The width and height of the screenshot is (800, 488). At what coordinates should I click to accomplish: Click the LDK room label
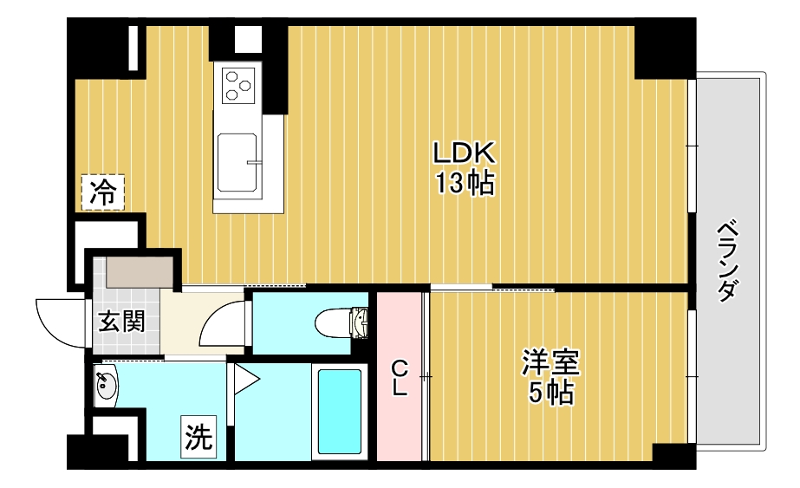pyautogui.click(x=464, y=153)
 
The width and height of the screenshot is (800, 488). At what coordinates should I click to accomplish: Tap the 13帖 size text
pyautogui.click(x=465, y=183)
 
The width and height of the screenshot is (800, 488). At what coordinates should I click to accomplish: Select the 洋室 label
pyautogui.click(x=550, y=363)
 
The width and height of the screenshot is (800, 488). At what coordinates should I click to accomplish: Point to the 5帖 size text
pyautogui.click(x=550, y=393)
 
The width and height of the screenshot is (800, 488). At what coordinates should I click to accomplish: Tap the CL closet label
pyautogui.click(x=400, y=378)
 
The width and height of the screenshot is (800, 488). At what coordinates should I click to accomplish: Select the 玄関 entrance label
pyautogui.click(x=121, y=322)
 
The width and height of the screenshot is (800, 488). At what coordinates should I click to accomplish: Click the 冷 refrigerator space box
pyautogui.click(x=103, y=192)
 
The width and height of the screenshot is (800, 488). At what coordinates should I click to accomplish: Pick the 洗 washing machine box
pyautogui.click(x=198, y=437)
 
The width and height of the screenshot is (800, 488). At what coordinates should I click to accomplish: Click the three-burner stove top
pyautogui.click(x=238, y=85)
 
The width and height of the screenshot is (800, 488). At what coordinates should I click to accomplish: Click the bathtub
pyautogui.click(x=340, y=412)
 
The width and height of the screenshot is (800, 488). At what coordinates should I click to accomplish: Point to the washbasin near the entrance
pyautogui.click(x=106, y=386)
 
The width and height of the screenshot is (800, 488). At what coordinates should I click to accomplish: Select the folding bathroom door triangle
pyautogui.click(x=246, y=380)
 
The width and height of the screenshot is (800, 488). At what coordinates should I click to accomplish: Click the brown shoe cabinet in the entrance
pyautogui.click(x=139, y=271)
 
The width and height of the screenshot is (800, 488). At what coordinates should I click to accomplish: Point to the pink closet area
pyautogui.click(x=400, y=377)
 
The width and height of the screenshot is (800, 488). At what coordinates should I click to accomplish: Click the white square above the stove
pyautogui.click(x=248, y=39)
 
